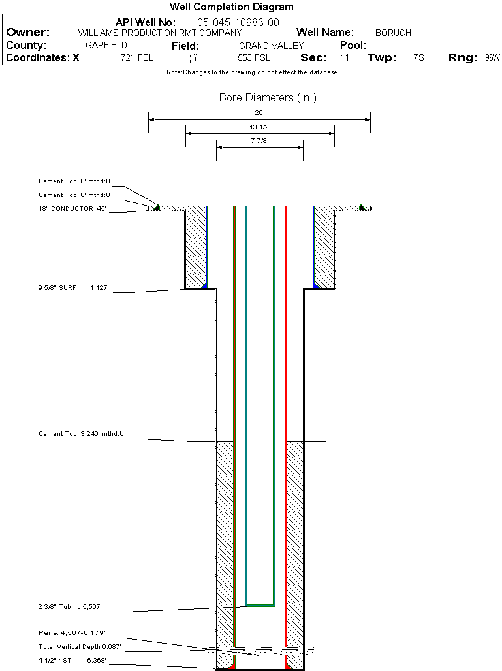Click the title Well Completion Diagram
(232, 7)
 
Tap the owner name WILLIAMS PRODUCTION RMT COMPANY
(159, 33)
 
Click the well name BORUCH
(393, 33)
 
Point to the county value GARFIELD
(106, 46)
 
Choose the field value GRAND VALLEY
(271, 46)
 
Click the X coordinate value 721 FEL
(137, 58)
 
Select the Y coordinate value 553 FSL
(254, 58)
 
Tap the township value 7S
(418, 58)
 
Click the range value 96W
(492, 58)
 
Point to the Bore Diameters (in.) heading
(268, 98)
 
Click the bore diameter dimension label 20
(259, 112)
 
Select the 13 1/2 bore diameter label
(259, 127)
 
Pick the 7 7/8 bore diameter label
(259, 140)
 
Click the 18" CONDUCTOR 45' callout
(72, 209)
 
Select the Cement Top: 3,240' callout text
(81, 433)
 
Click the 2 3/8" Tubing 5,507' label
(71, 608)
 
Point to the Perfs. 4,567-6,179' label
(72, 633)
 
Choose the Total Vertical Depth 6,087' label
(80, 647)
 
